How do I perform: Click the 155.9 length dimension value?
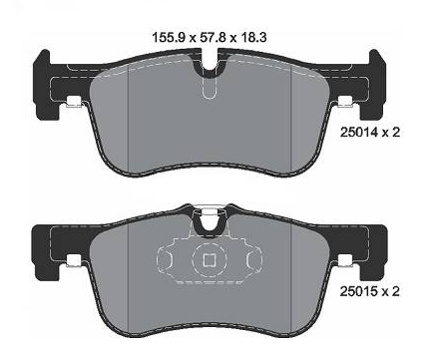tap(169, 37)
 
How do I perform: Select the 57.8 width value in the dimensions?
tap(215, 37)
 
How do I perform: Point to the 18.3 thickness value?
tap(252, 37)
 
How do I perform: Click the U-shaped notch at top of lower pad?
tap(210, 221)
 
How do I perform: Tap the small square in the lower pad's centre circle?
tap(210, 260)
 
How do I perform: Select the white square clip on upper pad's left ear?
tap(74, 102)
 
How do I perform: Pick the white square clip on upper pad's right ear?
tap(345, 102)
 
